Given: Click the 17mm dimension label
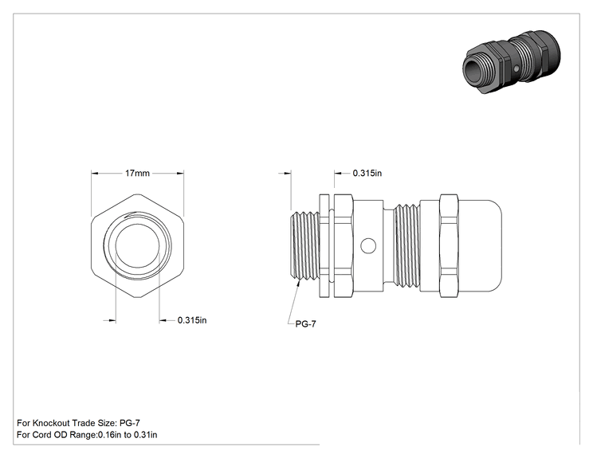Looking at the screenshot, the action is point(137,173).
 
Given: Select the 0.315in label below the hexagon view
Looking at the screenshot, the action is point(192,320).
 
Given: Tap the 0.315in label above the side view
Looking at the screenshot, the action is point(367,173).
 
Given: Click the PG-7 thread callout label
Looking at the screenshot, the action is point(305,324).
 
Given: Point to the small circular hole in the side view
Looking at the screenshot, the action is point(368,246).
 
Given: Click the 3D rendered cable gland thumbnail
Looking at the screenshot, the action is point(512,62).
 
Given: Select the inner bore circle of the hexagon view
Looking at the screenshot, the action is point(137,246).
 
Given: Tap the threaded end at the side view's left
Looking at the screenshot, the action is point(304,246).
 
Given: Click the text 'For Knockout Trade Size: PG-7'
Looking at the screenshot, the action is point(78,423).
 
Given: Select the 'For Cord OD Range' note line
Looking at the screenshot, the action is point(87,435).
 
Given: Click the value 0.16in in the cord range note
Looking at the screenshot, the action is point(110,435).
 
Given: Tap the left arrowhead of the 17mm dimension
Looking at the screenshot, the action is point(95,174).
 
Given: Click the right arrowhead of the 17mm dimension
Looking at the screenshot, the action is point(180,174).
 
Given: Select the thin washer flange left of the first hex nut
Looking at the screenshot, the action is point(324,246).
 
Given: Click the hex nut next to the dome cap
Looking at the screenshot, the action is point(449,246).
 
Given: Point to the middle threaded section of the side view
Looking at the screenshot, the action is point(407,246).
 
